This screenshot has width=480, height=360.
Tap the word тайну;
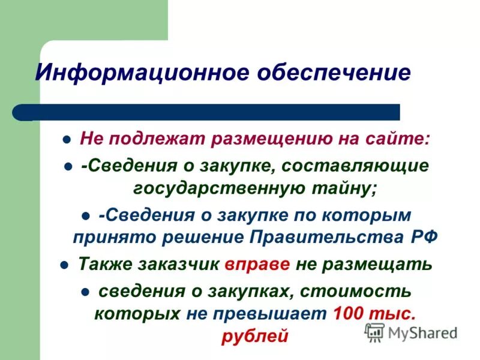point(349,188)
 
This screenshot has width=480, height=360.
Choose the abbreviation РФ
point(424,236)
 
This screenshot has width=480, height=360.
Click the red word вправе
point(258,265)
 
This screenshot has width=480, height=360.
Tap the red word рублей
point(256,337)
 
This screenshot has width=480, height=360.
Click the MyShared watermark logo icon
point(375,332)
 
